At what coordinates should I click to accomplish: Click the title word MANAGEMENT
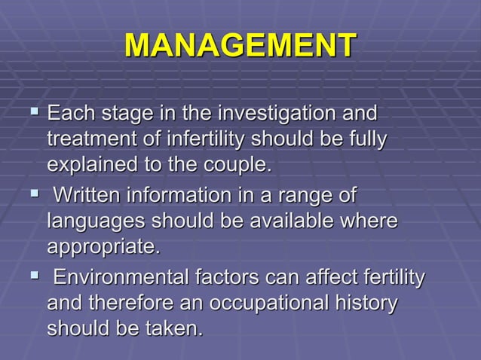(x=240, y=46)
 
